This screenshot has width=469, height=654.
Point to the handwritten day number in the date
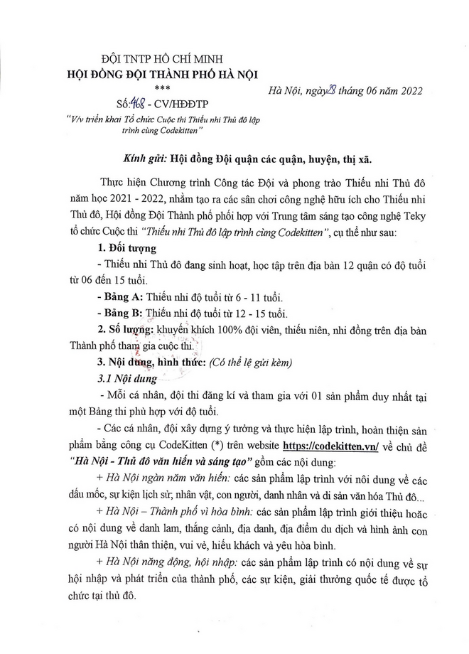[328, 89]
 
